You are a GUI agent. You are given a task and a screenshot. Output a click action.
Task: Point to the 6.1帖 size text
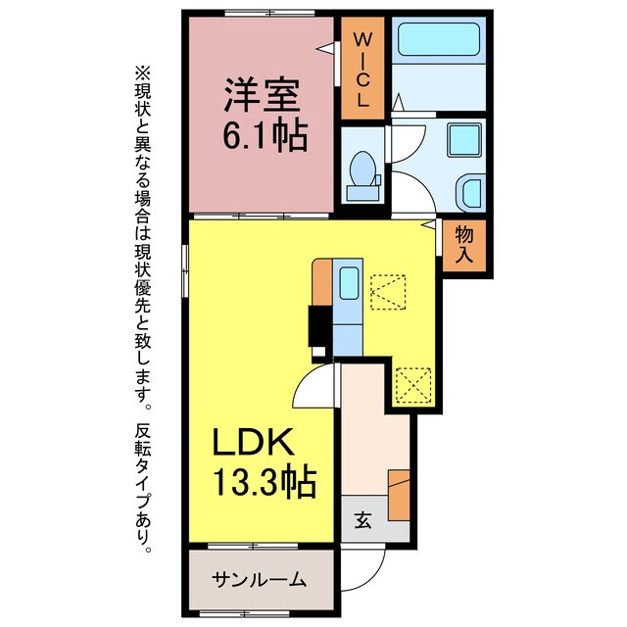coord(265,134)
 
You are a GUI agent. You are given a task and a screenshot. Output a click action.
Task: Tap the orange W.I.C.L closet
coord(362,71)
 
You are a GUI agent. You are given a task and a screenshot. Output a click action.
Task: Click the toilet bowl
coord(365,171)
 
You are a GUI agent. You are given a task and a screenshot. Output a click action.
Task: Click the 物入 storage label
coord(465,245)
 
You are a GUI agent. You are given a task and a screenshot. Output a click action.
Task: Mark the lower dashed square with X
coord(412,384)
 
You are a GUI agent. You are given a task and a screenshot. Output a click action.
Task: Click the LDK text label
coord(253,445)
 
